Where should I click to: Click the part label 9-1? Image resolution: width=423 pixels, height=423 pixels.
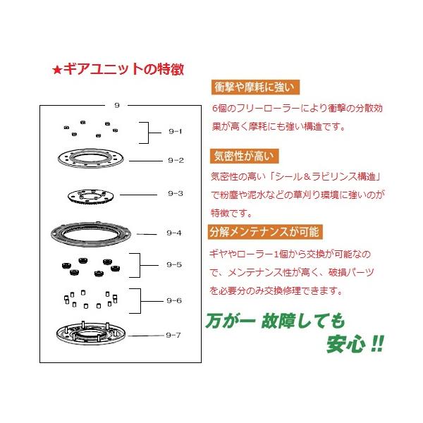coord(176,131)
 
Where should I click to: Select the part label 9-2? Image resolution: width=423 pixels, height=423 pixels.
coord(176,160)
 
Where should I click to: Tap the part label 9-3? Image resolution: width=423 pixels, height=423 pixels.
coord(176,193)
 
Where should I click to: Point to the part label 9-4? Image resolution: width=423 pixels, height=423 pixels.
coord(174,233)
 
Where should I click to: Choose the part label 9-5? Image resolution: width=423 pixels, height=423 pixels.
coord(174,264)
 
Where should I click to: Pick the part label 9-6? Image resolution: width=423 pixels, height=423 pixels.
coord(174,300)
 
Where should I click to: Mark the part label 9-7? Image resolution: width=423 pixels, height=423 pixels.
coord(173,335)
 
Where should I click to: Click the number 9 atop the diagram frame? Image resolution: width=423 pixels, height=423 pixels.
coord(117,105)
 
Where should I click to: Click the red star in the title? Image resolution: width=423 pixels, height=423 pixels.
coord(57,70)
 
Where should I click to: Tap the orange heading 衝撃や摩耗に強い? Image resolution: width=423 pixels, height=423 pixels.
coord(255,87)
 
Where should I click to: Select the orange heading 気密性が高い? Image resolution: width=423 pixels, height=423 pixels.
coord(244,156)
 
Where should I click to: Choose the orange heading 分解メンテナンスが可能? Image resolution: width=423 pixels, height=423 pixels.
coord(265,232)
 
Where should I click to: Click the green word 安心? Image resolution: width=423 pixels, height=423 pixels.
coord(346,344)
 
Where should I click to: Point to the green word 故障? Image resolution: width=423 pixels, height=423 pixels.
coord(281,321)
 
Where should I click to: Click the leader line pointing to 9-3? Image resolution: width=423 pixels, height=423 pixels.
coord(138,195)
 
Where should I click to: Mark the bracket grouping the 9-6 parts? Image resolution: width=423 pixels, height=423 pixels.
coord(140,301)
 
